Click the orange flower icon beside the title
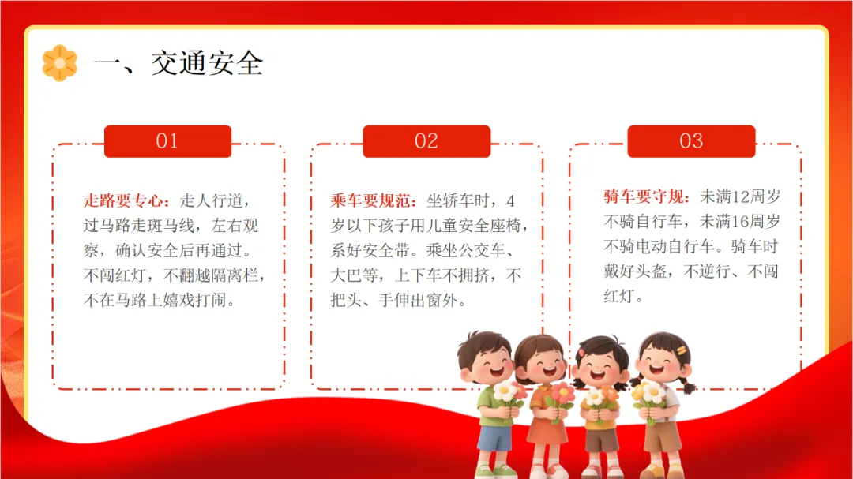(x=60, y=63)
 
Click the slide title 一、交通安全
(x=179, y=64)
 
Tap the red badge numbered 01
(x=167, y=141)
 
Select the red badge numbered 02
(x=426, y=141)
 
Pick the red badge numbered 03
(x=691, y=141)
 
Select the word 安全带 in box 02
(x=386, y=251)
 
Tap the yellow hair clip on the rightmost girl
(x=682, y=350)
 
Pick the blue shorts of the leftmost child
(x=494, y=438)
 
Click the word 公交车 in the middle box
(x=483, y=251)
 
